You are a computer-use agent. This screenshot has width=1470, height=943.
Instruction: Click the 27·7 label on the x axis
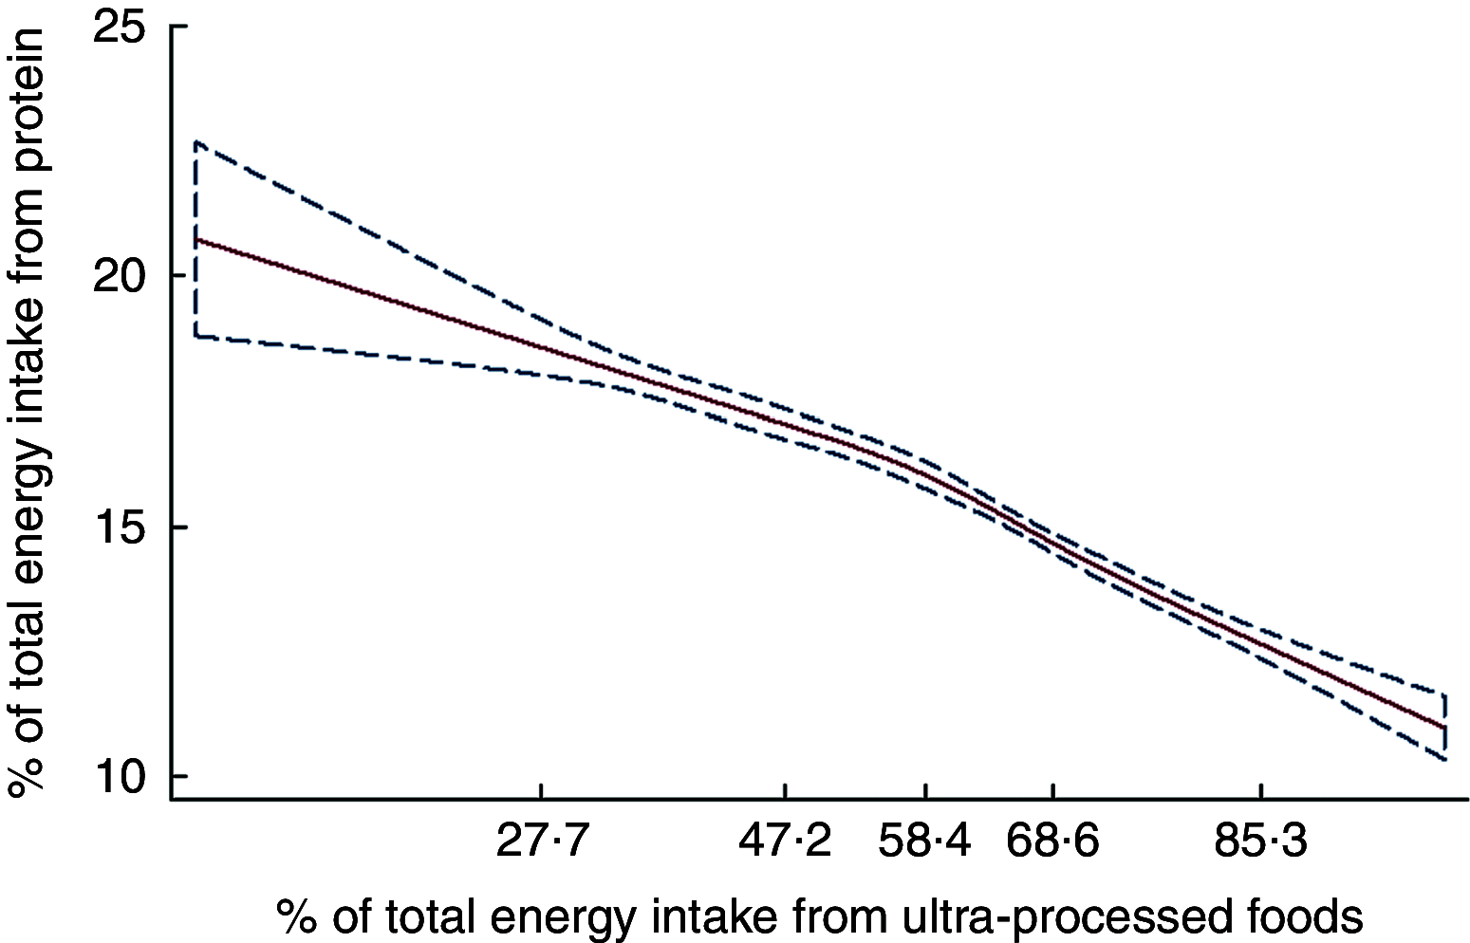[x=540, y=841]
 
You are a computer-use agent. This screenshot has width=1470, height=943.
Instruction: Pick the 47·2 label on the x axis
[x=786, y=841]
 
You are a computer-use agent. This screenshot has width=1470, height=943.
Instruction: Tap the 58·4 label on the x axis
[x=925, y=841]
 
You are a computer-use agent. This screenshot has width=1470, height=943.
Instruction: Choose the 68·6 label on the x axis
[x=1053, y=841]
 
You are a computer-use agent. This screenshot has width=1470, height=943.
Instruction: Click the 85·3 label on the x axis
[x=1260, y=841]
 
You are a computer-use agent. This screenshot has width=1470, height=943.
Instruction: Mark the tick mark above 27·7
[x=540, y=792]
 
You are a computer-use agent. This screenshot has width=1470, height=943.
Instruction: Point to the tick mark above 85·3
[x=1260, y=792]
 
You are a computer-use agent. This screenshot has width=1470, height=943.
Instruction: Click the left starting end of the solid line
[x=196, y=240]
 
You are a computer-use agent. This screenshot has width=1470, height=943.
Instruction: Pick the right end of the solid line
[x=1444, y=728]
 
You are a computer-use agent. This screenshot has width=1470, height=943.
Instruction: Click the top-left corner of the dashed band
[x=196, y=142]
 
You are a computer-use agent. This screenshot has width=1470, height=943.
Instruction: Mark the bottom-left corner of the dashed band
[x=196, y=336]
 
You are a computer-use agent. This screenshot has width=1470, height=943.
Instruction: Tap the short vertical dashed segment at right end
[x=1444, y=727]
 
